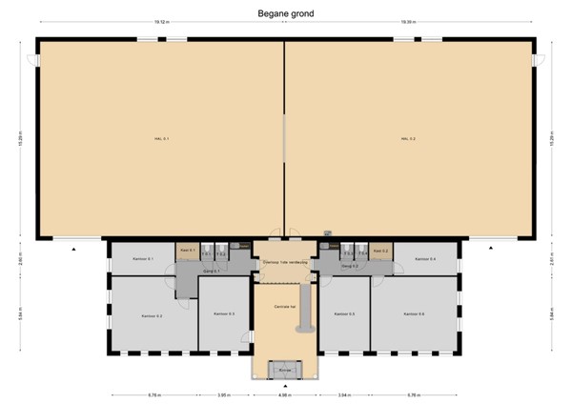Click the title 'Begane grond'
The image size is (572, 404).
point(285,14)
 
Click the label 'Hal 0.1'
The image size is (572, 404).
point(161,140)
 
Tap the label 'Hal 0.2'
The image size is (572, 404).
point(407,140)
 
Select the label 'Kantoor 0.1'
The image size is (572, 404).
point(144,259)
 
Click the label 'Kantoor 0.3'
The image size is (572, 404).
point(224,313)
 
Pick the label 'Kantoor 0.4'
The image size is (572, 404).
point(425,259)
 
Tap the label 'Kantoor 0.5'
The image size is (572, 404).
point(345,313)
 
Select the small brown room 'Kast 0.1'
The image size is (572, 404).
point(187,251)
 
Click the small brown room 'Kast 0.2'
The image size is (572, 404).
point(380,251)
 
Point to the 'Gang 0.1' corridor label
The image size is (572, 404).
point(212,271)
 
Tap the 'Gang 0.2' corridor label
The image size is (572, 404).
point(350,267)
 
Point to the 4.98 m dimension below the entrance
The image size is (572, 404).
point(284,394)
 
